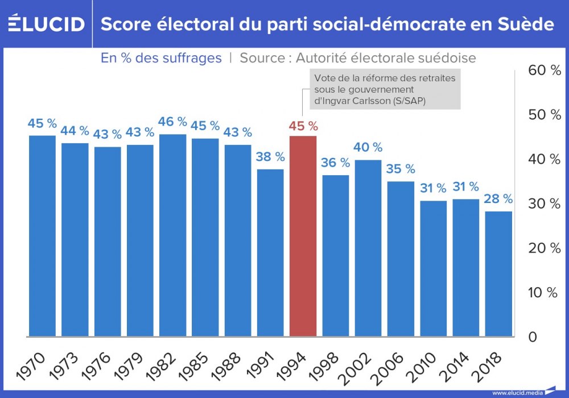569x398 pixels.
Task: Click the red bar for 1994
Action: (x=303, y=236)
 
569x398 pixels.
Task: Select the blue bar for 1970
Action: (x=42, y=236)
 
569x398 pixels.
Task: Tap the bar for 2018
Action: (x=498, y=273)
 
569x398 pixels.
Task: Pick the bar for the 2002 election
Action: (x=368, y=248)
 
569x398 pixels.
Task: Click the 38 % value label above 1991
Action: (x=270, y=157)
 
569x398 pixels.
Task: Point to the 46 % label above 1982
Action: (x=172, y=122)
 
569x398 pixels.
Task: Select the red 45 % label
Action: (x=303, y=126)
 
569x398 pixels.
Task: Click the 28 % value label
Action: (x=498, y=199)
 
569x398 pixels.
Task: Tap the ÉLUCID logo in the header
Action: (x=46, y=24)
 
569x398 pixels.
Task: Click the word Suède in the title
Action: (x=526, y=24)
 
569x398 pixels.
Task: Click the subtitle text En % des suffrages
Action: (x=161, y=58)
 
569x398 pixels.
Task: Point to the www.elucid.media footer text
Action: (x=516, y=392)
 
